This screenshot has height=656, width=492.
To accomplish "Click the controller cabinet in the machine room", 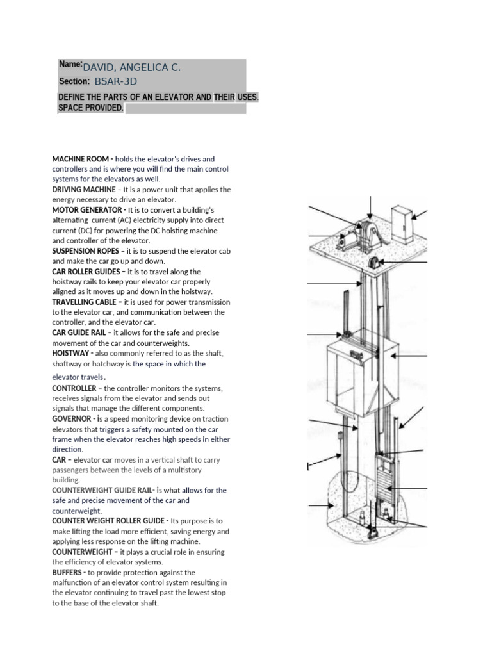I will click(402, 224).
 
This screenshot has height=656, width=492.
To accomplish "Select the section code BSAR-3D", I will click(116, 82).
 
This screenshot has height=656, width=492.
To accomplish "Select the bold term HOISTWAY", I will click(72, 354).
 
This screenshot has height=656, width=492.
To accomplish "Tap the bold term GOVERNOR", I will click(73, 419).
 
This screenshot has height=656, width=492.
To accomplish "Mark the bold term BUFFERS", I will click(68, 573).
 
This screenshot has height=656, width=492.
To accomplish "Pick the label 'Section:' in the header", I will click(74, 82).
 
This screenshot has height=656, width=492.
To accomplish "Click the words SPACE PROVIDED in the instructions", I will click(90, 108).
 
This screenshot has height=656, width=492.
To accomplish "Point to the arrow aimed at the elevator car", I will click(410, 356).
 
